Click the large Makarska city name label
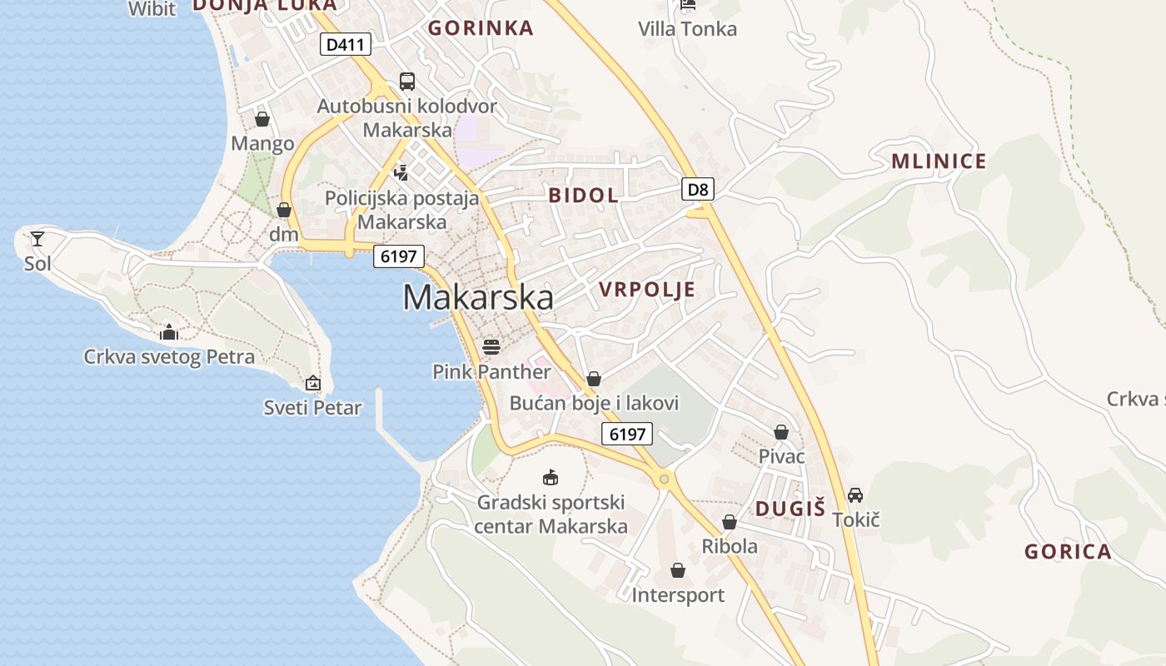click(x=478, y=297)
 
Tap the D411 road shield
click(x=345, y=44)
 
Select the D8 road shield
click(x=698, y=189)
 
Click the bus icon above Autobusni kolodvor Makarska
click(x=407, y=82)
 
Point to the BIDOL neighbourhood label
click(x=583, y=196)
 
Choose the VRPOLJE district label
click(x=646, y=290)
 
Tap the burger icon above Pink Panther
click(x=491, y=346)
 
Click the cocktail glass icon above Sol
click(x=37, y=240)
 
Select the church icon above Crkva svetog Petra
click(x=169, y=332)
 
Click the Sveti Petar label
click(x=312, y=408)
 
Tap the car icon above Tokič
click(x=855, y=495)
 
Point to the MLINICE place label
click(x=939, y=162)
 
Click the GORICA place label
click(x=1068, y=552)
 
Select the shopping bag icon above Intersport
click(x=678, y=570)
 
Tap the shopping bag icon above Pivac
click(x=781, y=432)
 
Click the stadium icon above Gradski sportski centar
click(x=550, y=478)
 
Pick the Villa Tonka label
click(x=687, y=29)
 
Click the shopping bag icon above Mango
click(x=262, y=119)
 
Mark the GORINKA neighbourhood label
click(x=481, y=28)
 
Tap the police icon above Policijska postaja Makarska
click(x=401, y=172)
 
